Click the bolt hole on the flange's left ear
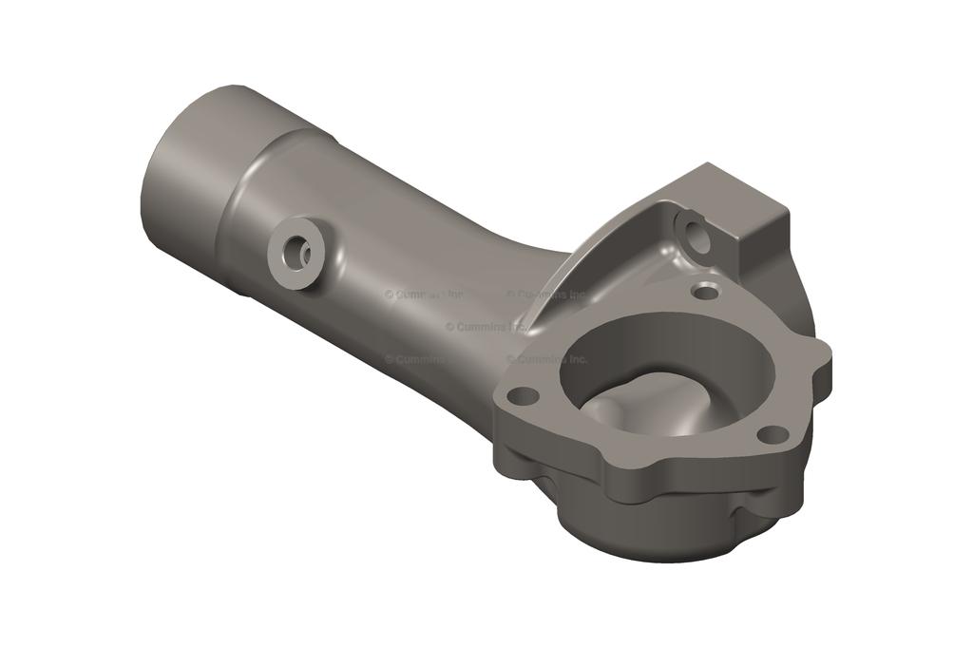click(x=522, y=393)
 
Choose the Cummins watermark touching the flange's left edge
click(x=546, y=359)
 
